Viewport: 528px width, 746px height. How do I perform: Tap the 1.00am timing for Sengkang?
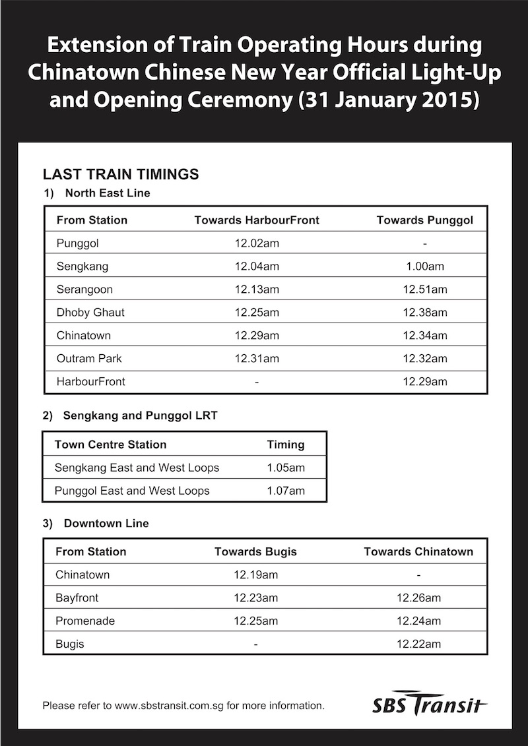(x=424, y=266)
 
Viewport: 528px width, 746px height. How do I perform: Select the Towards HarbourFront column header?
(x=257, y=220)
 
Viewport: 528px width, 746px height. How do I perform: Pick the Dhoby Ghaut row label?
(x=90, y=313)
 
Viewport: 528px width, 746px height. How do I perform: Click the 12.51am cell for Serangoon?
(x=424, y=290)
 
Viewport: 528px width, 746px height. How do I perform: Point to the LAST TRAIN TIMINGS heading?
(x=121, y=175)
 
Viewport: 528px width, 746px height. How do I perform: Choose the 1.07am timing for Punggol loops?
(x=286, y=491)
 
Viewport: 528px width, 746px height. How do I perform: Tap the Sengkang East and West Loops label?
(x=137, y=468)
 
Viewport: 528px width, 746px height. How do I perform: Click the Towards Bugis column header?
(x=255, y=551)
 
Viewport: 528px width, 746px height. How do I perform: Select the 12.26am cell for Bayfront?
(x=418, y=598)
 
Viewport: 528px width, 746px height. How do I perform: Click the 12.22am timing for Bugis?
(x=418, y=644)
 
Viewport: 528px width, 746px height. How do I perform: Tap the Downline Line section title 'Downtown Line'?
(x=106, y=524)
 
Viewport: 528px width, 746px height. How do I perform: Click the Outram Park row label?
(x=89, y=359)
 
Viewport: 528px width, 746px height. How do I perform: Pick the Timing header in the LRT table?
(x=286, y=445)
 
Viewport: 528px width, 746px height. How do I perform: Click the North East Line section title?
(x=108, y=193)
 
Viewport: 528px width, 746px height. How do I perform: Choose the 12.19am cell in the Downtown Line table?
(x=255, y=575)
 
